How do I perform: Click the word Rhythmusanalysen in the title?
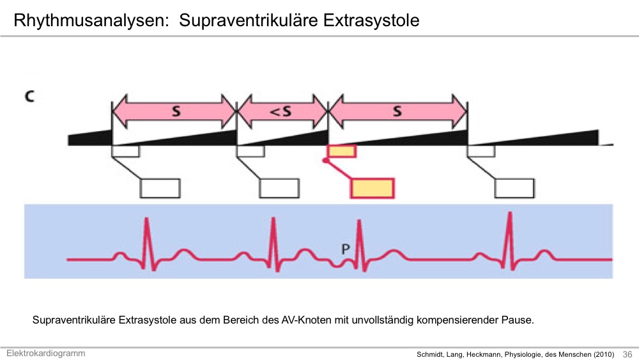[91, 20]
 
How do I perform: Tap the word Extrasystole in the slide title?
[371, 20]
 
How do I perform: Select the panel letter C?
[29, 97]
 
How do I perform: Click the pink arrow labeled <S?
[282, 111]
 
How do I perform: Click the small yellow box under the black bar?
[342, 152]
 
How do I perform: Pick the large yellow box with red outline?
[373, 189]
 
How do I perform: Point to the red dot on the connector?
[325, 160]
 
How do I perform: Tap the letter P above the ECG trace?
[345, 249]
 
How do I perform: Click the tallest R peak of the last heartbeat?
[509, 213]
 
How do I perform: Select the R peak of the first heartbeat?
[146, 219]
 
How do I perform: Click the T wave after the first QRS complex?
[183, 254]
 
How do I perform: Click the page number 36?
[627, 354]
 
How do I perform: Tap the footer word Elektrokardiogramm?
[45, 354]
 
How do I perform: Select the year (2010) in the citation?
[604, 355]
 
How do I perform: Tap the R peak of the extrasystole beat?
[359, 222]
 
